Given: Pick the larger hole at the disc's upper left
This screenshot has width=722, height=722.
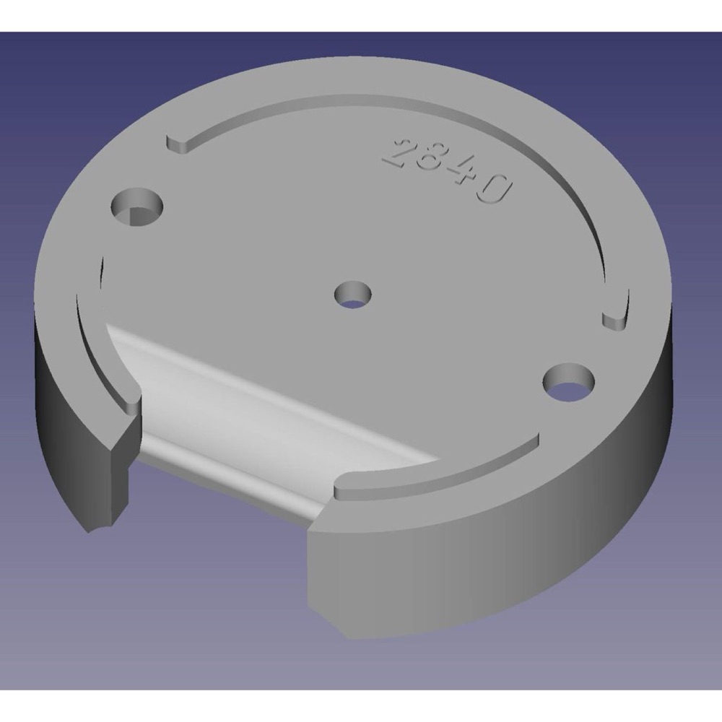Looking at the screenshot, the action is point(137,206).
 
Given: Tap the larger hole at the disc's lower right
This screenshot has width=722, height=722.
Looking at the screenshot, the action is point(569,382).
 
